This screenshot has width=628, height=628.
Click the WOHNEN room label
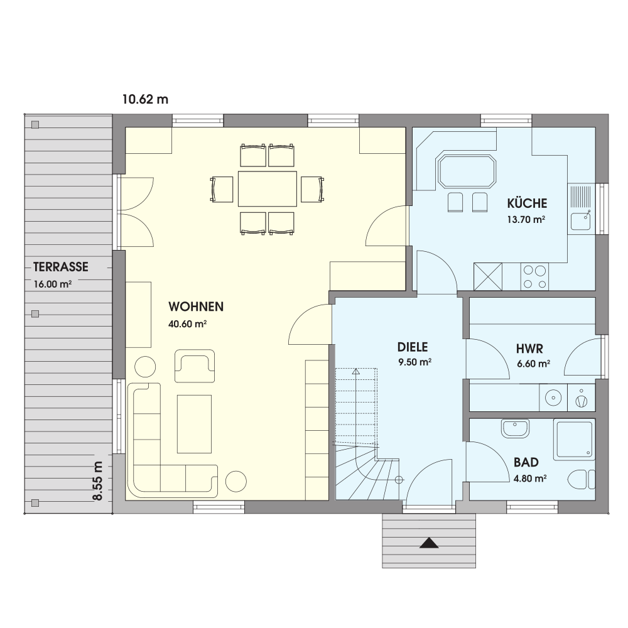coord(196,307)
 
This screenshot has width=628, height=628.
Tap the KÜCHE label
coord(527,203)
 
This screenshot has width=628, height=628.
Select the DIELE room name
coord(413,347)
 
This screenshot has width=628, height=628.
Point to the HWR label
coord(529,349)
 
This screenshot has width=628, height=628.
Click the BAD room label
coord(526,463)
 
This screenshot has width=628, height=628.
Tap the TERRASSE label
coord(60,267)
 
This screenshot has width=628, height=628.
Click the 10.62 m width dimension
coord(146,99)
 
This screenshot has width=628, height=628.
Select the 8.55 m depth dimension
coord(98,481)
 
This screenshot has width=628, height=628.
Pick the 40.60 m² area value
coord(187,323)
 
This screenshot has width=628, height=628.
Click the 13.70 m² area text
coord(526,219)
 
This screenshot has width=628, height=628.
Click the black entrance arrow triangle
coord(429,543)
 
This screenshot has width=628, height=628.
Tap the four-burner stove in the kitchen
coord(534,276)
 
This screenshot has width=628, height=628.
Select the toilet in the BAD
coord(582,479)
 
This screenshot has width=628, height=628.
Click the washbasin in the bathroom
coord(515,428)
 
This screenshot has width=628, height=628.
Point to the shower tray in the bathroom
coord(573,440)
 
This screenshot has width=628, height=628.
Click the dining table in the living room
coord(267,188)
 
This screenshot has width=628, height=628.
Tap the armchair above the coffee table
coord(195,365)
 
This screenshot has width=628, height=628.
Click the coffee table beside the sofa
coord(194,424)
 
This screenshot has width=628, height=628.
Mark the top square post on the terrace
coord(35,125)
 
